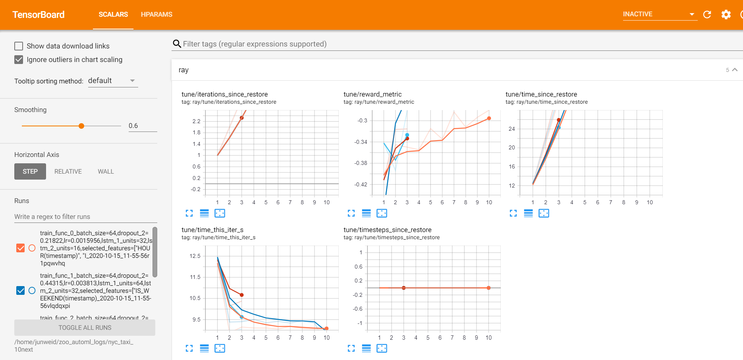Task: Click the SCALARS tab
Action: (x=113, y=14)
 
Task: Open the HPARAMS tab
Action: (x=156, y=14)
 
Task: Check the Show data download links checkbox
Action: (x=19, y=46)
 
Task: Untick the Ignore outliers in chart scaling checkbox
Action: (x=19, y=60)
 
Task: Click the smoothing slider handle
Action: (x=81, y=126)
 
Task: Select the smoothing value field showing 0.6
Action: (x=142, y=126)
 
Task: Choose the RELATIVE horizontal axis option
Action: (x=68, y=172)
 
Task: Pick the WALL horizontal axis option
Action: (x=106, y=172)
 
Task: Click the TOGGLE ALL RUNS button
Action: (x=85, y=328)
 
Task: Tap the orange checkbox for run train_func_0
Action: (x=21, y=248)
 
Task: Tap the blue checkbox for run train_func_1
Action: (x=21, y=290)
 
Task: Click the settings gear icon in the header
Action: (x=726, y=15)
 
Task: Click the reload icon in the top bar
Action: (x=707, y=15)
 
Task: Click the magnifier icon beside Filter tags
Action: (x=177, y=44)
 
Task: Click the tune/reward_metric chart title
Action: (x=372, y=94)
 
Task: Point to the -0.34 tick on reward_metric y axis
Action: (x=361, y=142)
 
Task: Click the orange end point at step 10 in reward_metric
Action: (x=489, y=118)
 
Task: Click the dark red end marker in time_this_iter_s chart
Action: (x=241, y=295)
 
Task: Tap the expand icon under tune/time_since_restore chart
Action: (x=513, y=213)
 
